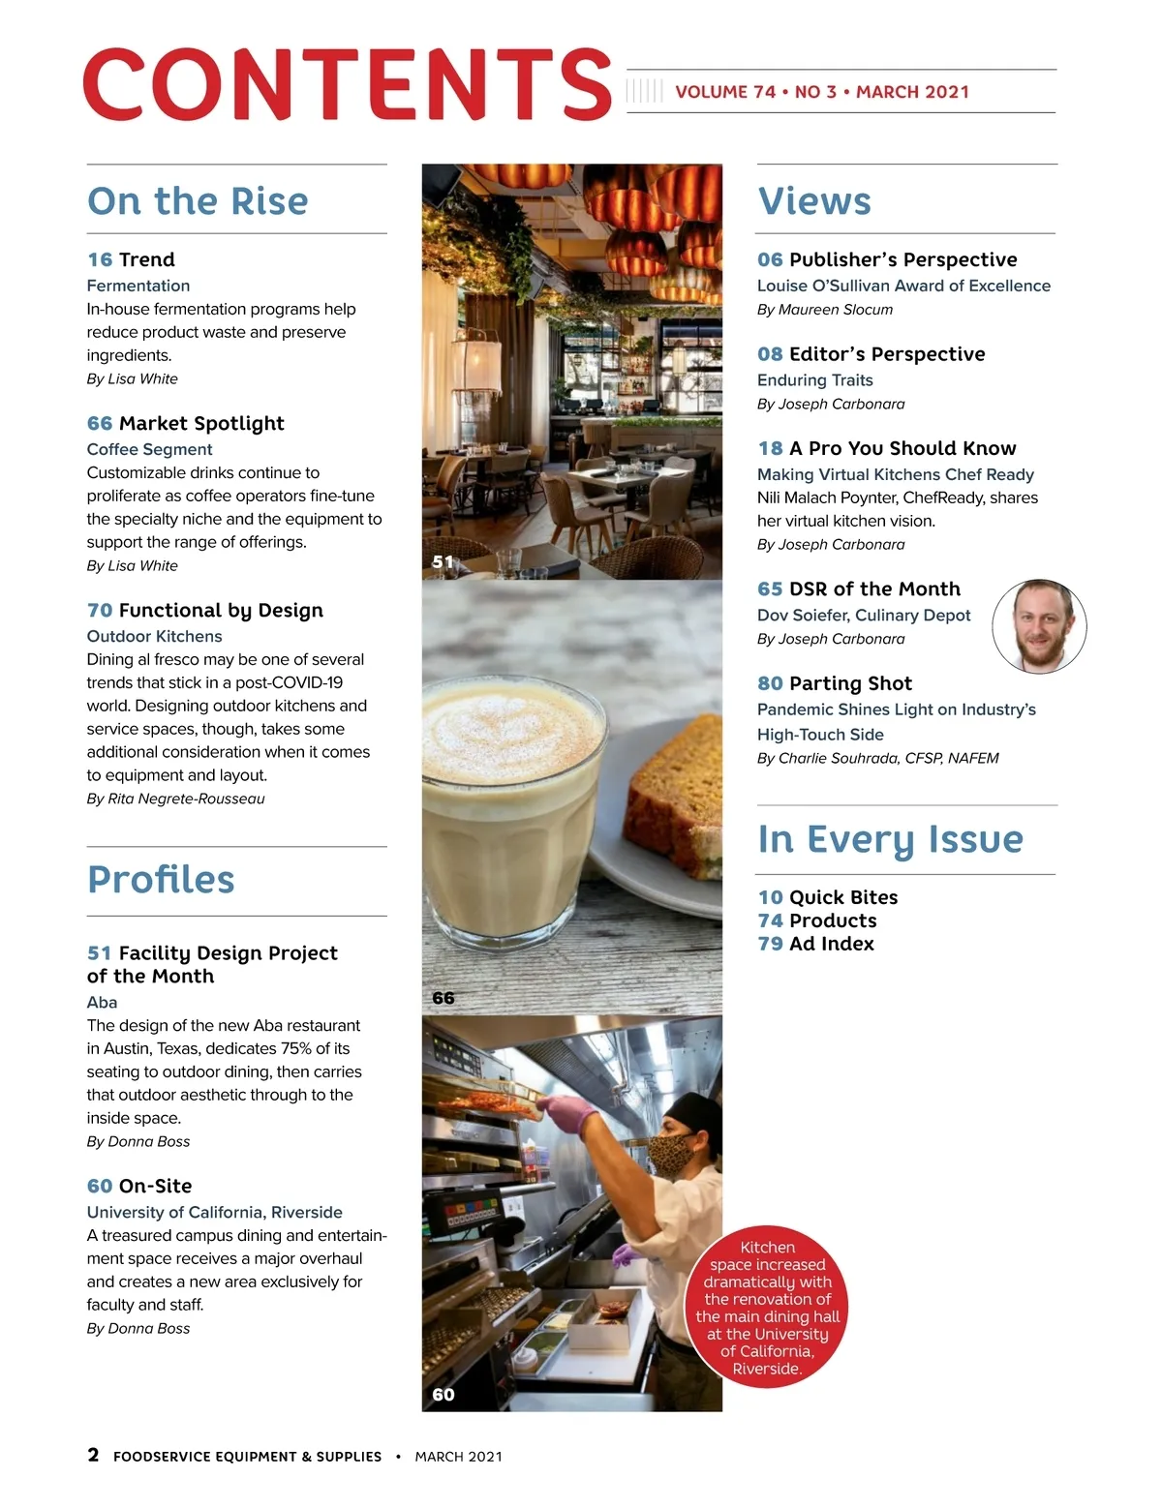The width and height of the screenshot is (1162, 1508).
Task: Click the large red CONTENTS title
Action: click(x=347, y=85)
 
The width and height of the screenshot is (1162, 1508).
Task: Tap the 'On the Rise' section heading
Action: click(x=198, y=201)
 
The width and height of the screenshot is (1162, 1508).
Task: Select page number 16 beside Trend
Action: click(x=100, y=259)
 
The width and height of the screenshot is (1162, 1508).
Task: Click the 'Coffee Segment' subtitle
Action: click(x=149, y=449)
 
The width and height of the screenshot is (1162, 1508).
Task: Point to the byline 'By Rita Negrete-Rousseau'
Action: click(x=175, y=799)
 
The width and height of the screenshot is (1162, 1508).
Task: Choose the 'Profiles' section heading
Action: click(x=161, y=880)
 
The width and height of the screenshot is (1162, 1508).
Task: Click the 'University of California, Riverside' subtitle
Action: click(x=214, y=1212)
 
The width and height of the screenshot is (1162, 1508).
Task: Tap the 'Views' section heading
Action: click(x=814, y=201)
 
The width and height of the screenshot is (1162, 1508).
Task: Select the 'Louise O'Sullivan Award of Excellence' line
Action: click(x=903, y=286)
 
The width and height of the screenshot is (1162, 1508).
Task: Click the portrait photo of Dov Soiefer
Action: click(x=1039, y=626)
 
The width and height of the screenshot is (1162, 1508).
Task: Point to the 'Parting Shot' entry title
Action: click(x=850, y=683)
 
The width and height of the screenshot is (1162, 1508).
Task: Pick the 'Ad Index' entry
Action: click(x=831, y=944)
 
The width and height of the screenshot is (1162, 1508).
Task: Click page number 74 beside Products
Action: click(x=770, y=920)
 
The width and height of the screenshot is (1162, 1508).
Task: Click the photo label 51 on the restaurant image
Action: click(x=443, y=561)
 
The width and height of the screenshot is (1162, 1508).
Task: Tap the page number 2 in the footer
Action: click(x=93, y=1455)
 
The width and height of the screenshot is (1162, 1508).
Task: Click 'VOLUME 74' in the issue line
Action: click(x=725, y=92)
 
